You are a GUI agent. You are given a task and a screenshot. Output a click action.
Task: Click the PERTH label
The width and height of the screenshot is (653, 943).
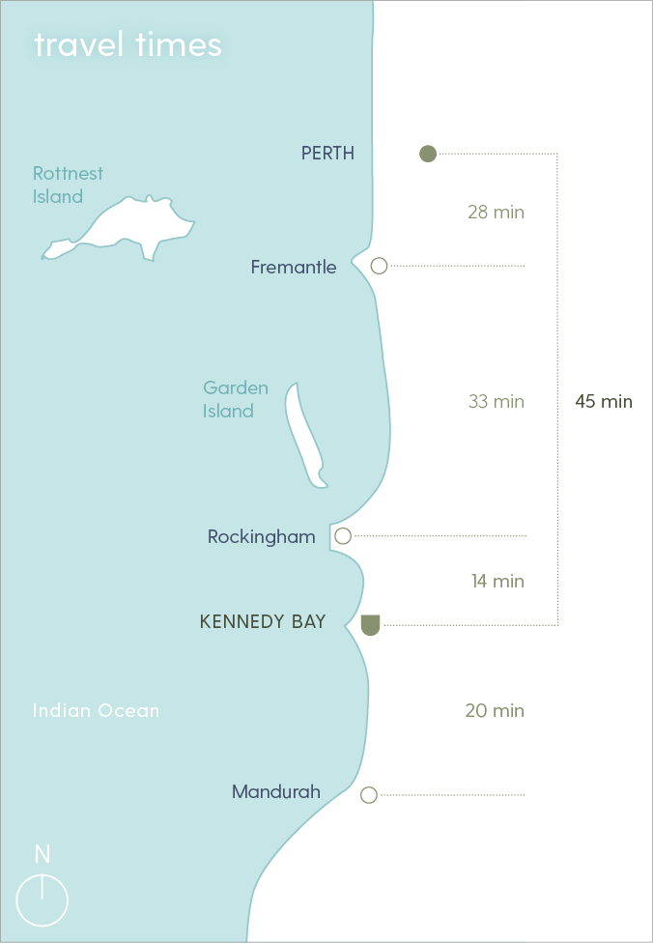pyautogui.click(x=327, y=153)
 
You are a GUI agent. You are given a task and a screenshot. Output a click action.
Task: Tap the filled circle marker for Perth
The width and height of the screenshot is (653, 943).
pyautogui.click(x=428, y=153)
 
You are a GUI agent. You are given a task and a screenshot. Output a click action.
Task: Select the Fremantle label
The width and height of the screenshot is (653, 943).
pyautogui.click(x=294, y=267)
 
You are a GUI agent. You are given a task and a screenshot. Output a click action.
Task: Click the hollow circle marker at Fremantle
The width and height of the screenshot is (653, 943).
pyautogui.click(x=380, y=266)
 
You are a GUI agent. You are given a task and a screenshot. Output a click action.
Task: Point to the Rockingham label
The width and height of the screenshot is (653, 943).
pyautogui.click(x=262, y=536)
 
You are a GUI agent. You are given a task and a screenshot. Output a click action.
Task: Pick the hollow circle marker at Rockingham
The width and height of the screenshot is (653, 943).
pyautogui.click(x=343, y=536)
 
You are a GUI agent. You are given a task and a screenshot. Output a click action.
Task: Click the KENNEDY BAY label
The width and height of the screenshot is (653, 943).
pyautogui.click(x=263, y=622)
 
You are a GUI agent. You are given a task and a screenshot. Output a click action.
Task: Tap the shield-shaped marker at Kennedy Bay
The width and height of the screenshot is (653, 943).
pyautogui.click(x=370, y=624)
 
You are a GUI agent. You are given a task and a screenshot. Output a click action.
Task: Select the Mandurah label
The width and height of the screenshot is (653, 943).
pyautogui.click(x=276, y=792)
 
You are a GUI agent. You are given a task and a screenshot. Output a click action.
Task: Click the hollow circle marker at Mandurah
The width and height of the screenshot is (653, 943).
pyautogui.click(x=368, y=795)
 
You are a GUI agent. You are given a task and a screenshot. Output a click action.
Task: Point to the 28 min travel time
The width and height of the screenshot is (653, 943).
pyautogui.click(x=496, y=212)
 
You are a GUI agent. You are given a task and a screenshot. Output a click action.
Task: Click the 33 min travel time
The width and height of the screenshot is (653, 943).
pyautogui.click(x=496, y=401)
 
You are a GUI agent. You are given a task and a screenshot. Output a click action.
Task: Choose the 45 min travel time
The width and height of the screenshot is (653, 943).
pyautogui.click(x=604, y=401)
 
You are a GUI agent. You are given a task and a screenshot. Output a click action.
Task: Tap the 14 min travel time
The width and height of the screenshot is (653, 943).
pyautogui.click(x=497, y=581)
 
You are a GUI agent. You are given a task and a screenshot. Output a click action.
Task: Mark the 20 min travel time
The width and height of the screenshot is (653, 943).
pyautogui.click(x=495, y=710)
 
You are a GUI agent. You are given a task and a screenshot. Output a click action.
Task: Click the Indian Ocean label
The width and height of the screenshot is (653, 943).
pyautogui.click(x=96, y=710)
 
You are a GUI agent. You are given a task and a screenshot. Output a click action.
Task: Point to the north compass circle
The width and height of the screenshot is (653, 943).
pyautogui.click(x=43, y=901)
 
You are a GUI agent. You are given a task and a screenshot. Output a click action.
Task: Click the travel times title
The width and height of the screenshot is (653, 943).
pyautogui.click(x=128, y=45)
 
